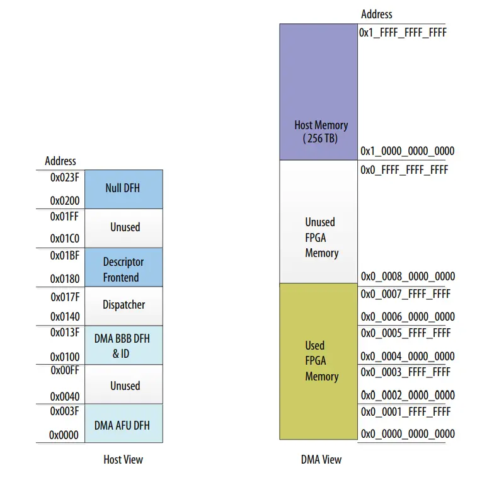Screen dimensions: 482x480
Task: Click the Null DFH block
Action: tap(123, 188)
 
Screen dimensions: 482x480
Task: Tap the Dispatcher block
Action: tap(123, 305)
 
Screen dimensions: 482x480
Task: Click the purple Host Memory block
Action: tap(319, 91)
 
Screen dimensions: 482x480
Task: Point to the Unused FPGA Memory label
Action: tap(321, 237)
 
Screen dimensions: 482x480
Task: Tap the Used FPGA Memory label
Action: tap(321, 361)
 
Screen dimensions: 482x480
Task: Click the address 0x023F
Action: tap(65, 178)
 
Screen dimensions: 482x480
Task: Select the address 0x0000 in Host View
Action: tap(64, 435)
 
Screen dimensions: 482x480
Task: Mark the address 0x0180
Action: tap(65, 278)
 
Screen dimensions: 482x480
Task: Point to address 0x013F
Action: tap(65, 333)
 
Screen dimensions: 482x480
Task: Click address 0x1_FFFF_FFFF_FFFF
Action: tap(403, 31)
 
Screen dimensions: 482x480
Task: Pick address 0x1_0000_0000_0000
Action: tap(407, 151)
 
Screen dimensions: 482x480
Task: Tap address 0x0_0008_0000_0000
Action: tap(407, 277)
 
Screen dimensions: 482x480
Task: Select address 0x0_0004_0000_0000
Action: tap(407, 357)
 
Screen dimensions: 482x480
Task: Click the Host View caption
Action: tap(123, 460)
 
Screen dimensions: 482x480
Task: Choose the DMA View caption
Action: tap(321, 460)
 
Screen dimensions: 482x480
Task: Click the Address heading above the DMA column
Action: tap(377, 14)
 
